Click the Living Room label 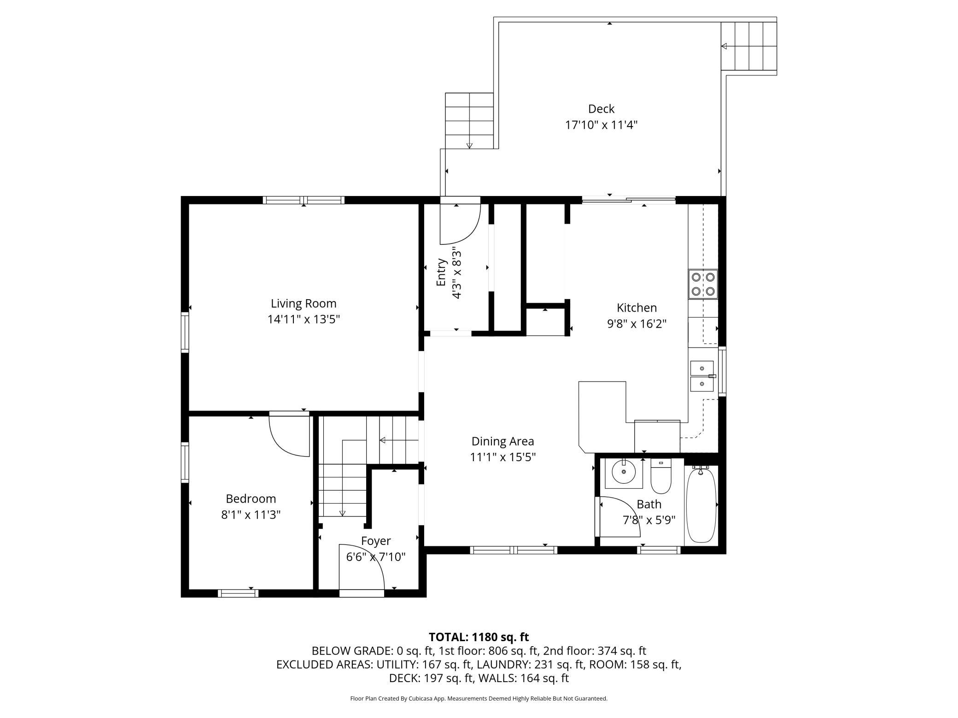[304, 304]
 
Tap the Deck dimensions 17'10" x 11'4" [601, 125]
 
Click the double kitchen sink [702, 376]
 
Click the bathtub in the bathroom [701, 505]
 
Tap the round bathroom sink [624, 472]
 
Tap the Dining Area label [502, 441]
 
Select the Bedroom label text [251, 499]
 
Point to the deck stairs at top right [749, 46]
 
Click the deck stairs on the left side [469, 121]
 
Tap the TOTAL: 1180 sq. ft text [479, 637]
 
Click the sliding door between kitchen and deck [629, 200]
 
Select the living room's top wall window [304, 200]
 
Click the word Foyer [376, 541]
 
